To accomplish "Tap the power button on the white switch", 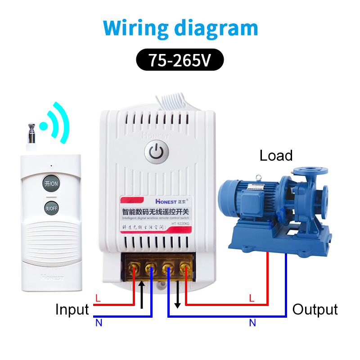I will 156,153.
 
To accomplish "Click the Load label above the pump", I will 276,156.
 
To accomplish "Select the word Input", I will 72,310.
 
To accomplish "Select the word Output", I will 315,310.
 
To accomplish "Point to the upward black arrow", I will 142,295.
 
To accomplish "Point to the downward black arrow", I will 177,295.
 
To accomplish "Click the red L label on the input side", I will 98,298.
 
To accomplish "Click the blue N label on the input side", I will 98,322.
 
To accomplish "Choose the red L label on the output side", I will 252,298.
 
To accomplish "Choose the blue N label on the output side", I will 252,323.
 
